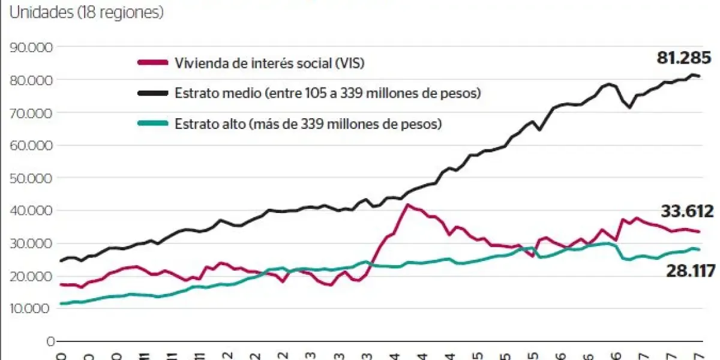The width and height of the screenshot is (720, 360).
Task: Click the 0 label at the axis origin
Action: tap(50, 341)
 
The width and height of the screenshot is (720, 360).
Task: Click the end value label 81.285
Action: tap(683, 58)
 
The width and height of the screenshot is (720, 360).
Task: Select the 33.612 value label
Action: tap(687, 212)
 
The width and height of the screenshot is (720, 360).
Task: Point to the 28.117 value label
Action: tap(690, 271)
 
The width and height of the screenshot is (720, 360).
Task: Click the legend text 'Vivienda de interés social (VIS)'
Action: tap(269, 62)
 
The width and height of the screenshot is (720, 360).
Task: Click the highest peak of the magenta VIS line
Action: tap(408, 205)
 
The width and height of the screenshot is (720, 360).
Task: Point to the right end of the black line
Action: tap(698, 76)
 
